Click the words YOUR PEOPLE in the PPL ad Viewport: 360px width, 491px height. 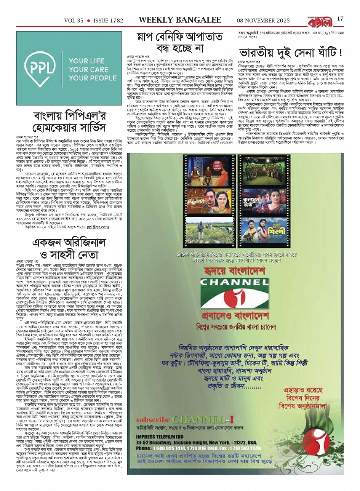(x=93, y=78)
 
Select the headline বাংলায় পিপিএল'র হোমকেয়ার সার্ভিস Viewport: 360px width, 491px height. (x=70, y=122)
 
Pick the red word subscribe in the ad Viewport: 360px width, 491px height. (x=154, y=419)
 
